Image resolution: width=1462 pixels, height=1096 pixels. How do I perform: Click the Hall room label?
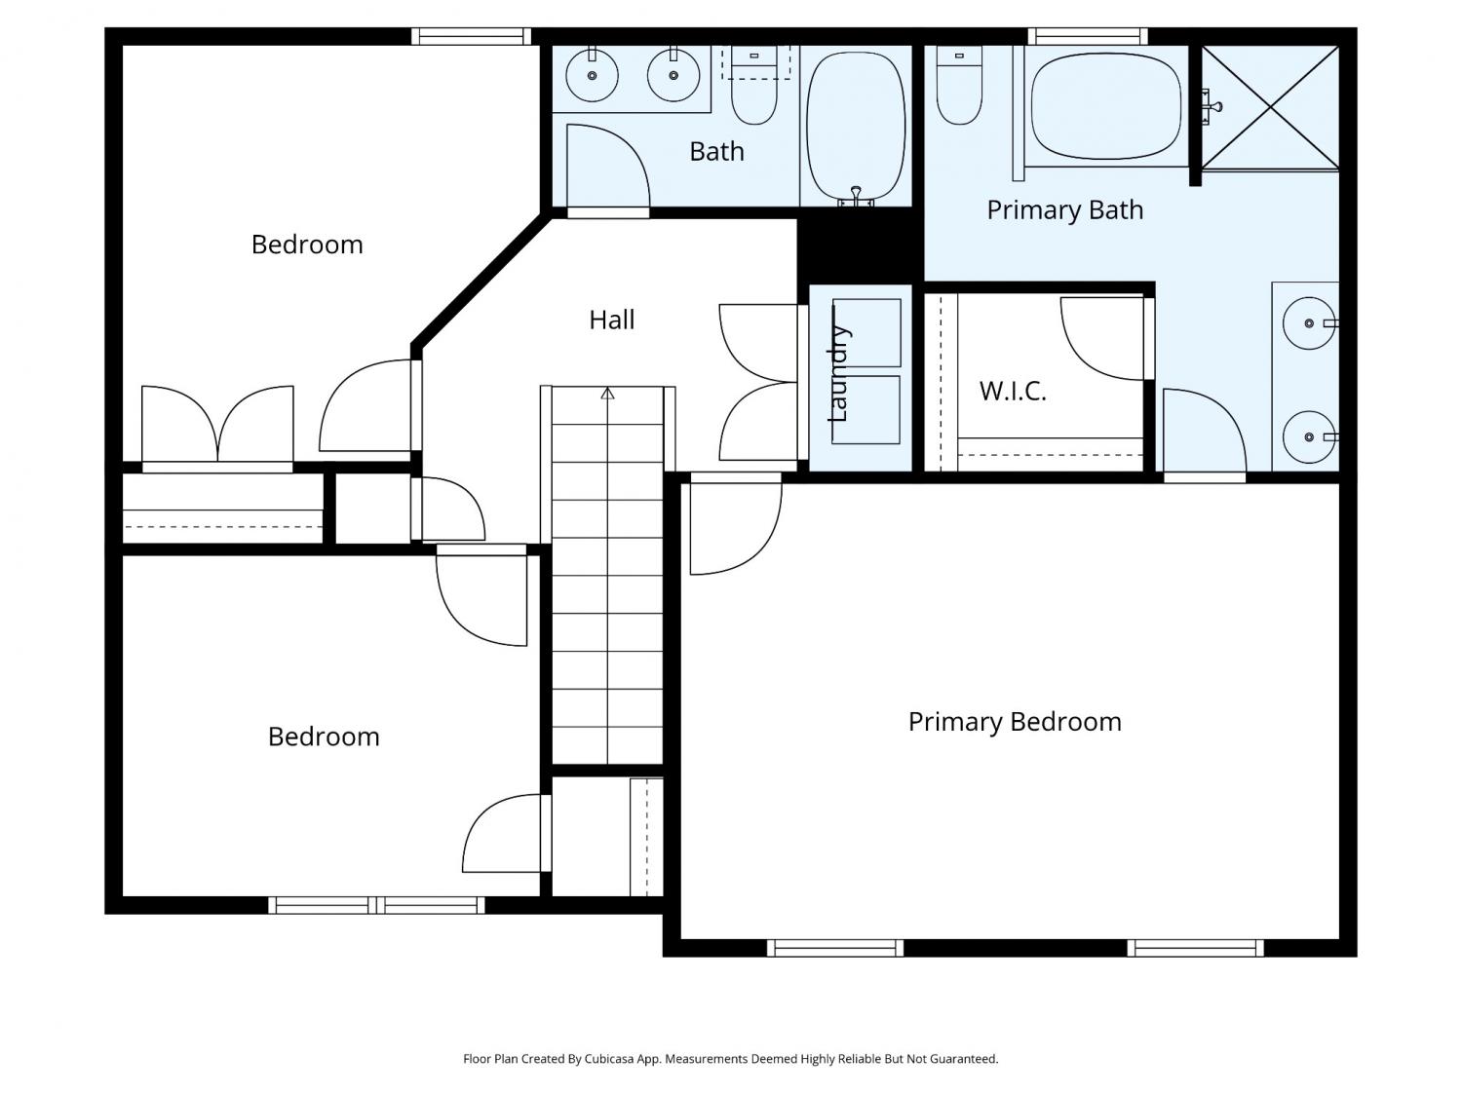tap(611, 320)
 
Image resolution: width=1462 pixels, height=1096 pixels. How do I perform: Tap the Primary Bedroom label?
tap(1015, 722)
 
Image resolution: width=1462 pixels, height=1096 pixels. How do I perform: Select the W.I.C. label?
tap(1013, 391)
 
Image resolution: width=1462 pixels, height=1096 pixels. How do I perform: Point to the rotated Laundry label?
tap(837, 373)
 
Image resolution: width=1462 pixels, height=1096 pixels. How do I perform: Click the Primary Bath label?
tap(1064, 209)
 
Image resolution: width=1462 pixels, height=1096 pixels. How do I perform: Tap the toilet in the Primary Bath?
tap(959, 85)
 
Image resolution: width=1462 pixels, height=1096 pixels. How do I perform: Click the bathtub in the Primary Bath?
tap(1105, 106)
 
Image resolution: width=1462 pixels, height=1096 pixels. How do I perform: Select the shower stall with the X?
tap(1270, 106)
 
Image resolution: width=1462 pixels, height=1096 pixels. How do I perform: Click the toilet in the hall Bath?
tap(754, 85)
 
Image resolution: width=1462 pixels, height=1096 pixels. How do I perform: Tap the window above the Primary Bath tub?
tap(1088, 37)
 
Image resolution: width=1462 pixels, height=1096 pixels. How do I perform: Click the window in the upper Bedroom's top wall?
tap(471, 37)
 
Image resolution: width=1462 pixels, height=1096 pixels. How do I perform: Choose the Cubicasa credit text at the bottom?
tap(731, 1059)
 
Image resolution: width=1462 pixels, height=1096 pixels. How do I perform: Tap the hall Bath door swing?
tap(607, 167)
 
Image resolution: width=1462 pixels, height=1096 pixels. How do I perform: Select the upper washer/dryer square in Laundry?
tap(866, 333)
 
